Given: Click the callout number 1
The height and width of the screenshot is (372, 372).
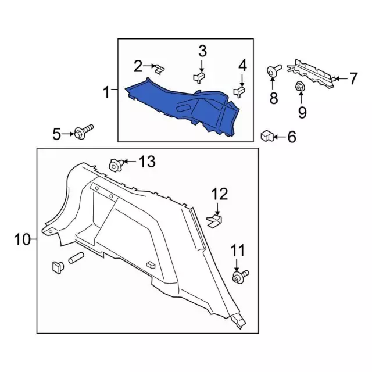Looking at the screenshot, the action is click(107, 92).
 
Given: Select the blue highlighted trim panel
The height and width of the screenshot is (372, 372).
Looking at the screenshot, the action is click(183, 107).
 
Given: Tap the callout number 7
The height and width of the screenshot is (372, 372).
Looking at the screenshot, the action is click(353, 78).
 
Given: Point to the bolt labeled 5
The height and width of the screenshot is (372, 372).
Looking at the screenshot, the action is click(84, 132).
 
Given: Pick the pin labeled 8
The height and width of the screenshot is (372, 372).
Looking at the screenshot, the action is click(274, 70).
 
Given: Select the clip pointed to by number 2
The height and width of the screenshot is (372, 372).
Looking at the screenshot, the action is click(160, 69).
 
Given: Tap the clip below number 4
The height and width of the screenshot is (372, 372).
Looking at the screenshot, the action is click(239, 92).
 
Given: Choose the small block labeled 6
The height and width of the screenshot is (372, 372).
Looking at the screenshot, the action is click(267, 135).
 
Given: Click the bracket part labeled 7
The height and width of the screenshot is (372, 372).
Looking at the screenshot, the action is click(312, 74).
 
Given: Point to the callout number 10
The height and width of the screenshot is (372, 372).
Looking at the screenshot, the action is click(23, 239).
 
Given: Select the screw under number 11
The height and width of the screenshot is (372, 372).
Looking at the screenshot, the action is click(240, 277).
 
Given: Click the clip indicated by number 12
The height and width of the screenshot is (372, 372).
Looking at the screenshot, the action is click(214, 221).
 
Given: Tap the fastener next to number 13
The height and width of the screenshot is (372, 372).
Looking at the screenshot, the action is click(116, 165).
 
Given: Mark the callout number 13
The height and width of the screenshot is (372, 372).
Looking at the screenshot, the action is click(147, 162).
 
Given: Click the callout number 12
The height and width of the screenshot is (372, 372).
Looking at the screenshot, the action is click(220, 194).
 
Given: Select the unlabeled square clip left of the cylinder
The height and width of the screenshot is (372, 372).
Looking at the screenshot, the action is click(58, 267).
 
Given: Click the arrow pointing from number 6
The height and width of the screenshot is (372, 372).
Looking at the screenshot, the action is click(280, 137).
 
